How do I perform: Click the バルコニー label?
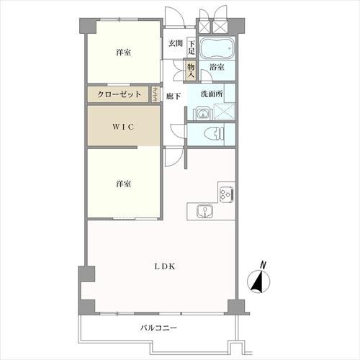(159, 328)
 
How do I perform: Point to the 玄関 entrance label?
(175, 44)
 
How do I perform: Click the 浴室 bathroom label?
(216, 67)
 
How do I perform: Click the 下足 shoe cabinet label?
(192, 48)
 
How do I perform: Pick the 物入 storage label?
(192, 69)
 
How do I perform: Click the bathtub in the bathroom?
(217, 49)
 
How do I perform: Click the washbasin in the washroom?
(200, 112)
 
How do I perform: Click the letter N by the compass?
(264, 264)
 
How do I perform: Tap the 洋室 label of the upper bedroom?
(122, 53)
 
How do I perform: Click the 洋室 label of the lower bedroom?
(122, 184)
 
